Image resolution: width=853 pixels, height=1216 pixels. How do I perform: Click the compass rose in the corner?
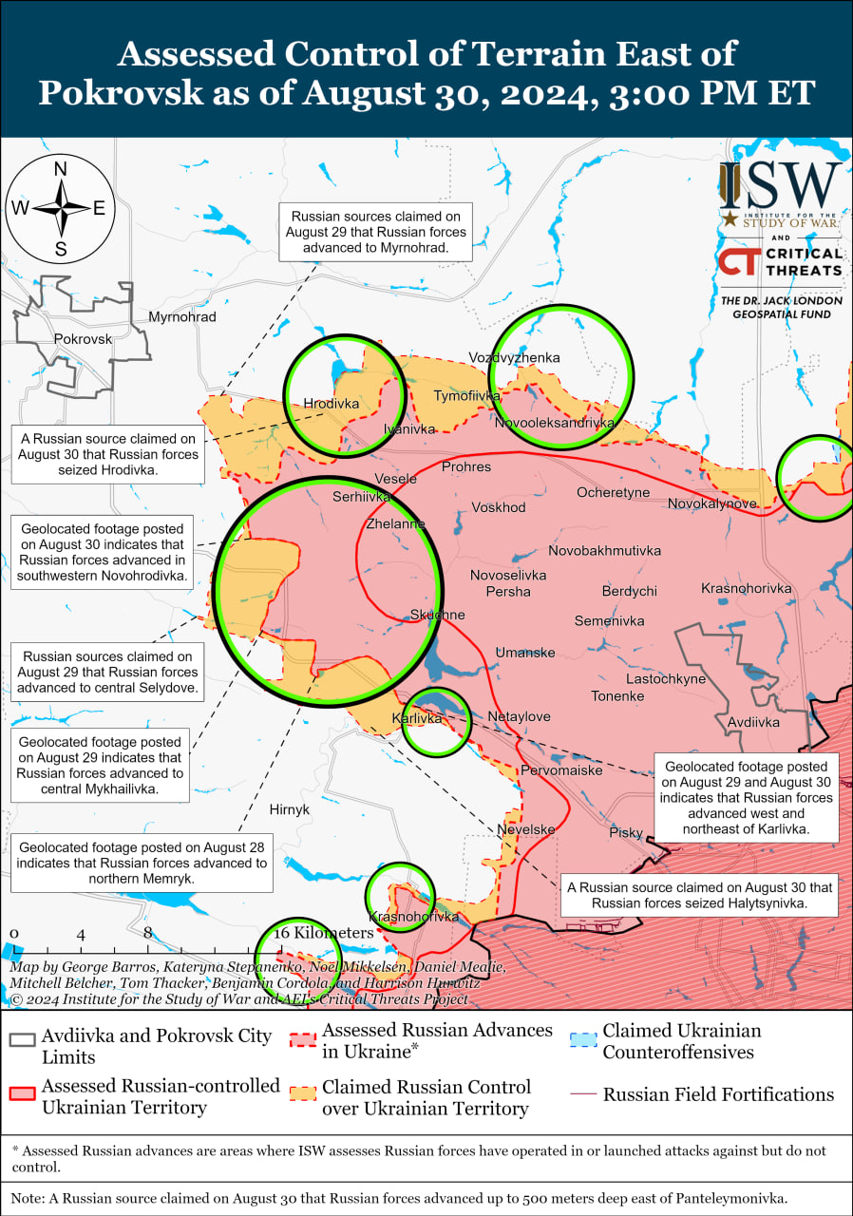[x=60, y=208]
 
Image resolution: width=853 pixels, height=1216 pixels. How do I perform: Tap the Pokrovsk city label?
[x=83, y=338]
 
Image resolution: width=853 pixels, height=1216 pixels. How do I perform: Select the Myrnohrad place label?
[x=182, y=316]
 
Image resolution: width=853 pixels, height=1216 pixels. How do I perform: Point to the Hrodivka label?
[x=331, y=404]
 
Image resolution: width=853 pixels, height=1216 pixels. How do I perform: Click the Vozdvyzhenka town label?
[x=514, y=358]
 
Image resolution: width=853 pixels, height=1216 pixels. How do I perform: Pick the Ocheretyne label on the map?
[x=614, y=492]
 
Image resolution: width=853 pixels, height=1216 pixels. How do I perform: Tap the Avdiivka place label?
[x=753, y=722]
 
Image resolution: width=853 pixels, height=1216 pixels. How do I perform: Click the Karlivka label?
[x=417, y=718]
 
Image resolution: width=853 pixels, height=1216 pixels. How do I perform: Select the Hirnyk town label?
[x=289, y=809]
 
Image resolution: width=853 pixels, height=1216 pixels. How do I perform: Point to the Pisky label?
[x=626, y=832]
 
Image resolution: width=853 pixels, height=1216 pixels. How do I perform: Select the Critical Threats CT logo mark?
[x=737, y=261]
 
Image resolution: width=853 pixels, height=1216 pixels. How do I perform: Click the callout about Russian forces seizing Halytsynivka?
[x=699, y=895]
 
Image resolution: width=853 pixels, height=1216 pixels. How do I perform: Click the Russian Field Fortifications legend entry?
[x=717, y=1094]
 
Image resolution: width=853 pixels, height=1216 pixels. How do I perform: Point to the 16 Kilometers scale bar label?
[x=324, y=933]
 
